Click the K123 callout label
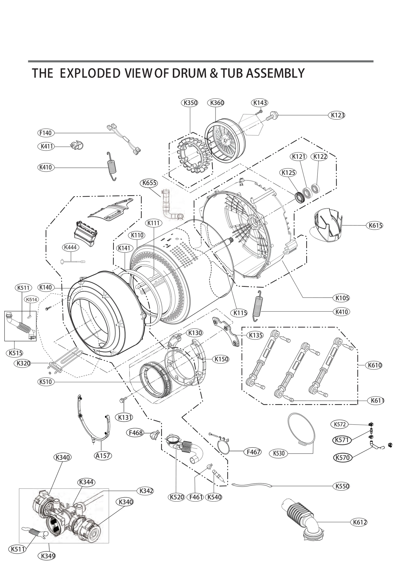coord(337,115)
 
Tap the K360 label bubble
coord(216,103)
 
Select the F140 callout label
coord(46,133)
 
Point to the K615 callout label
coord(375,225)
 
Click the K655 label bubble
coord(149,183)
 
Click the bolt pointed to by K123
coord(272,116)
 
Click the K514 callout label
coord(31,299)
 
